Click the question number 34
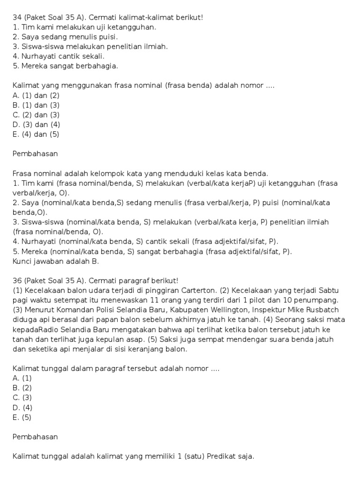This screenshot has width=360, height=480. coord(17,17)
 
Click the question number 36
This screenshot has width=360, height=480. coord(17,281)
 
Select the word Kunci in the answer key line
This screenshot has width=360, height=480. coord(22,262)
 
